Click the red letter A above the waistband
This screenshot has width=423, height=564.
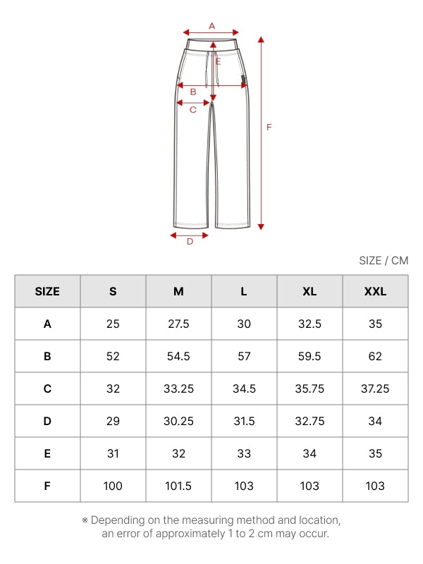[212, 26]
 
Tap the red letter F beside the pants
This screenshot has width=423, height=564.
[269, 127]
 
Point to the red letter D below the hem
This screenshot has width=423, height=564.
[190, 241]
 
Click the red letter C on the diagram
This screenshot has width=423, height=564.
[193, 110]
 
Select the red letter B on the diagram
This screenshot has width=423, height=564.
[193, 92]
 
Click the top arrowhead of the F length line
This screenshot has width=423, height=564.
[261, 39]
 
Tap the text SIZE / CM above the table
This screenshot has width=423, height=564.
[384, 260]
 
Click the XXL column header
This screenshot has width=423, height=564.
[375, 291]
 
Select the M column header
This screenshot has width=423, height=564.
[178, 291]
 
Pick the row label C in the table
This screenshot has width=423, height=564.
[47, 388]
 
